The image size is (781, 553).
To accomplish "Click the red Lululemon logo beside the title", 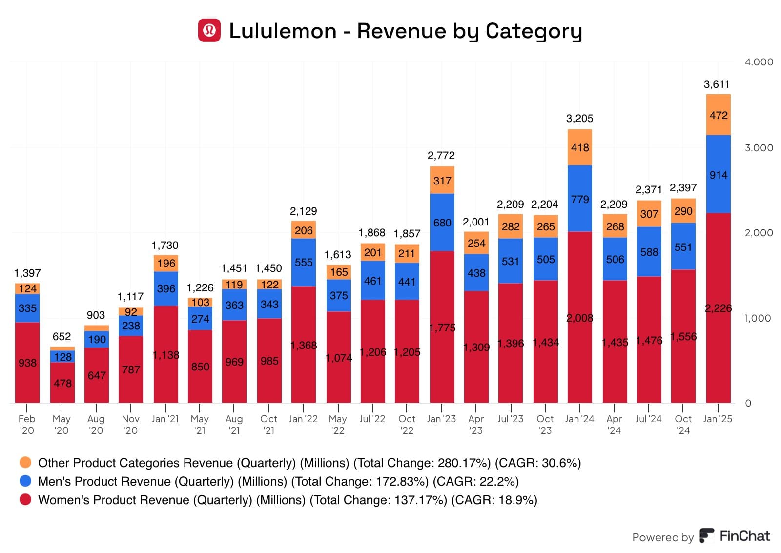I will (x=209, y=30).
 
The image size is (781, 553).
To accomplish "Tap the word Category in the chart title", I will (x=534, y=31).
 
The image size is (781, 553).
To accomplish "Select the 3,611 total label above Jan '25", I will (x=717, y=84).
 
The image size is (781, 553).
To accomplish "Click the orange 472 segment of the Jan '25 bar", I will (x=719, y=115).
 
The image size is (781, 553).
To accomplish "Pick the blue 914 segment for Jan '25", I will (x=719, y=174).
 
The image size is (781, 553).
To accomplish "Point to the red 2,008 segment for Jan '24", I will (x=580, y=317).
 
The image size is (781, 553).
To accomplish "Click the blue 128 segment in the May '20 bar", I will (x=62, y=357).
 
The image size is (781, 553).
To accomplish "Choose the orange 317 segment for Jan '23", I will (x=442, y=181).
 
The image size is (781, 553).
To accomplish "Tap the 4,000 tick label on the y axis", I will (x=759, y=62).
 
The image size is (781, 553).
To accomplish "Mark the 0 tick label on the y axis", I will (x=748, y=403).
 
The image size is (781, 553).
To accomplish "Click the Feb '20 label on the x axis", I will (x=27, y=425).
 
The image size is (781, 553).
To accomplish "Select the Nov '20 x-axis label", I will (x=130, y=425).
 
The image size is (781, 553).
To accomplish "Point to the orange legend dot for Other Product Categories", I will (x=25, y=462).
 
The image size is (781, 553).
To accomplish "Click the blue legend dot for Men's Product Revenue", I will (x=25, y=481).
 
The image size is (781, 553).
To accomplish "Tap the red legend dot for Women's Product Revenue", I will (x=25, y=499).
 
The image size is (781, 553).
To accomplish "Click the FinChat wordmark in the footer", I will (x=744, y=536).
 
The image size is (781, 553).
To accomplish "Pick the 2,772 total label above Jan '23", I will (x=441, y=156).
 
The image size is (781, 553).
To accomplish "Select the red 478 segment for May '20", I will (x=62, y=383).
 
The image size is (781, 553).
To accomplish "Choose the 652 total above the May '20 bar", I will (x=62, y=337).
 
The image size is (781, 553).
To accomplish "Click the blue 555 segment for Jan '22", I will (x=304, y=262).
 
